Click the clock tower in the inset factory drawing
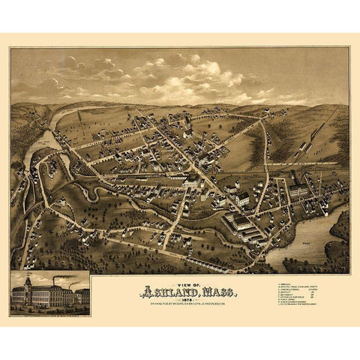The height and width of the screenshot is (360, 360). click(x=27, y=286)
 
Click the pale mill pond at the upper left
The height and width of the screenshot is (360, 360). click(x=41, y=142)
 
